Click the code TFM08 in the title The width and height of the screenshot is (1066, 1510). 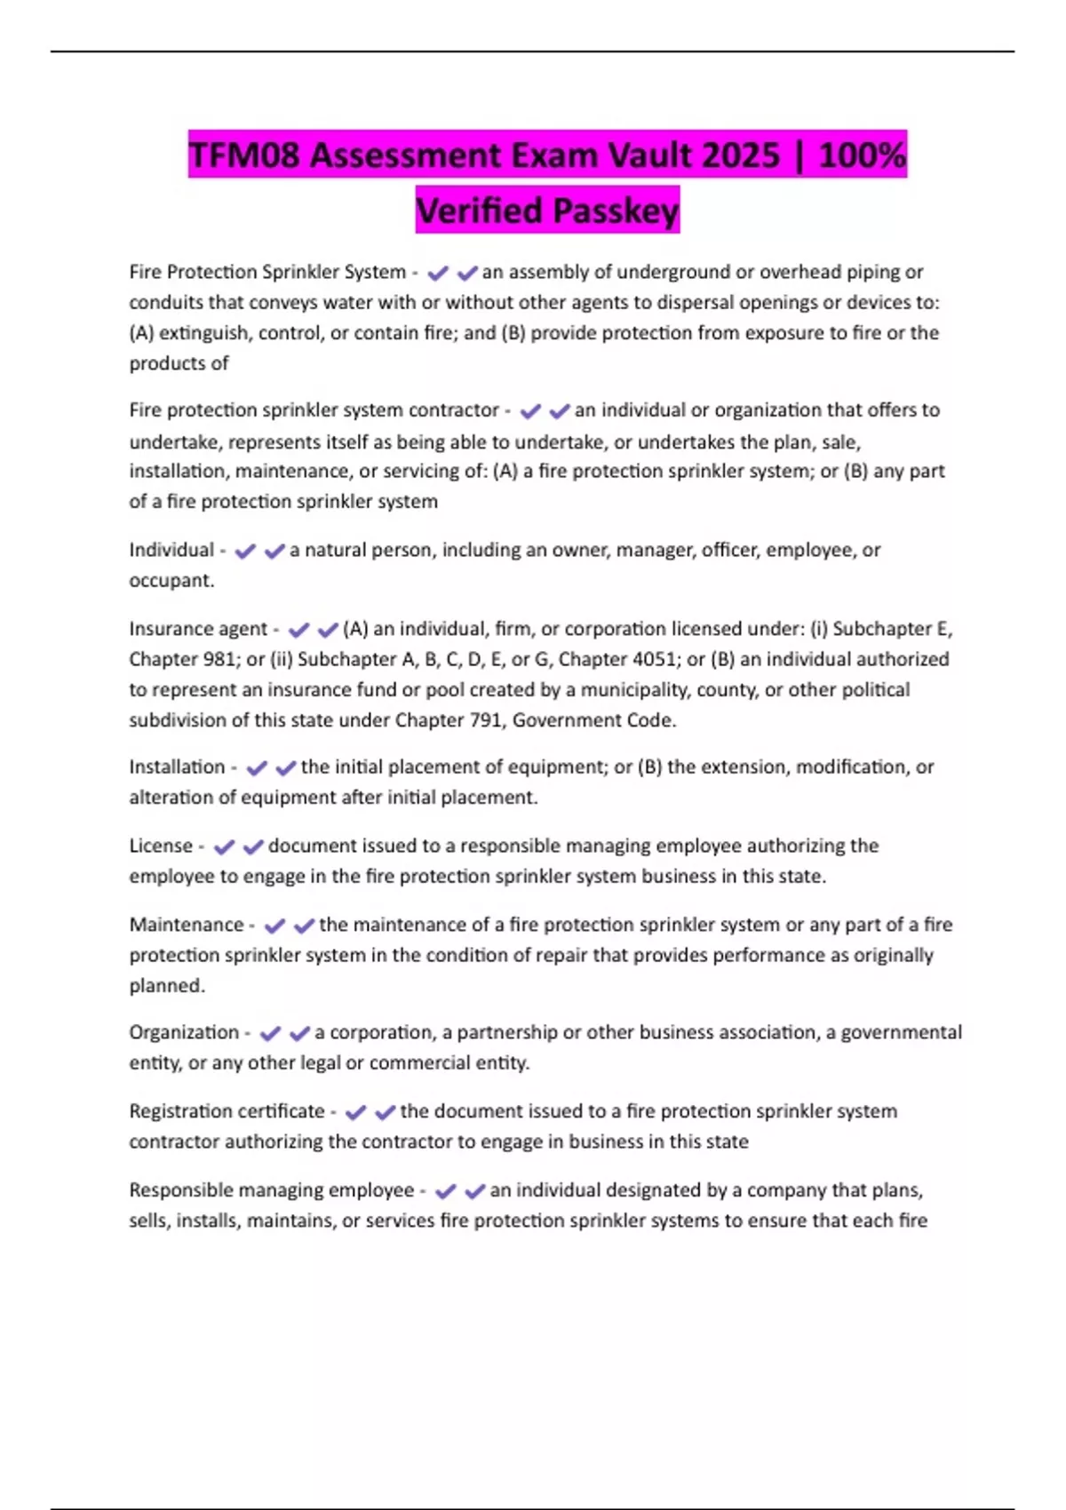(245, 155)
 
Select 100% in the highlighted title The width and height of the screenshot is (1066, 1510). (862, 155)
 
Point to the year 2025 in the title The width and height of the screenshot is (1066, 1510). (740, 155)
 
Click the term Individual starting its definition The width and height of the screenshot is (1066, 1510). (171, 550)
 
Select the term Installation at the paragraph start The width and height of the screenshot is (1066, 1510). (177, 767)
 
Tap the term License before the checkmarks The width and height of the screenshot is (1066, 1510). (161, 846)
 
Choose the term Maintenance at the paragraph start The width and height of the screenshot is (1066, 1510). (187, 925)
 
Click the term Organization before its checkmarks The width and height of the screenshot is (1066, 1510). (184, 1032)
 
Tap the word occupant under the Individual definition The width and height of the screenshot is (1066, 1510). (170, 580)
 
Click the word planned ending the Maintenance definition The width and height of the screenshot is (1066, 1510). (165, 985)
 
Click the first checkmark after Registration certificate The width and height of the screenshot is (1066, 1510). (356, 1112)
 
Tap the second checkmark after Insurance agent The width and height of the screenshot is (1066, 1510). (328, 630)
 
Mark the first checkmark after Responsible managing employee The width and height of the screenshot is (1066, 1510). (446, 1191)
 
